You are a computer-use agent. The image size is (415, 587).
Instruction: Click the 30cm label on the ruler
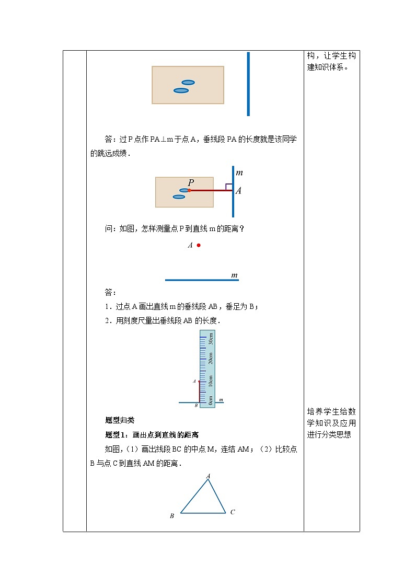211,339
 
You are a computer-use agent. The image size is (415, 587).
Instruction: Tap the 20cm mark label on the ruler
211,359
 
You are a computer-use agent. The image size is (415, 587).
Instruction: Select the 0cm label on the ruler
211,400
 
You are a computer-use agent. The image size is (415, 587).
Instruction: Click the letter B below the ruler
196,406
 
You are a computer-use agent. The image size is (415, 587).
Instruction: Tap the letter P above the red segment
191,182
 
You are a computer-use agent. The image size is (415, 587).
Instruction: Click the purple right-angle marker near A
229,187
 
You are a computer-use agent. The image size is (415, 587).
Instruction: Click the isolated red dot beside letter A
199,245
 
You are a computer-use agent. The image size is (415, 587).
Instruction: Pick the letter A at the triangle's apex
209,476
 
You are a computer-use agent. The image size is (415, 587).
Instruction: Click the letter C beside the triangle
233,512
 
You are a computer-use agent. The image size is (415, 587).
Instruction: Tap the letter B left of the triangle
171,516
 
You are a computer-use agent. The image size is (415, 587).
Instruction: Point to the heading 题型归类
120,420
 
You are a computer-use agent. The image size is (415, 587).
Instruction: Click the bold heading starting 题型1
152,435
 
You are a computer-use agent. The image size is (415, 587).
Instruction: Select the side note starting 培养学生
331,423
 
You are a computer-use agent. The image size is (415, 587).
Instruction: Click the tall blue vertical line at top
248,84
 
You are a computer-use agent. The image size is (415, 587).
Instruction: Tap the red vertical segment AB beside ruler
199,392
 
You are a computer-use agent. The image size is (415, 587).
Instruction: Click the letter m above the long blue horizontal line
235,275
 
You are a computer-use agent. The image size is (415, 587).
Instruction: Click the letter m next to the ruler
221,400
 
